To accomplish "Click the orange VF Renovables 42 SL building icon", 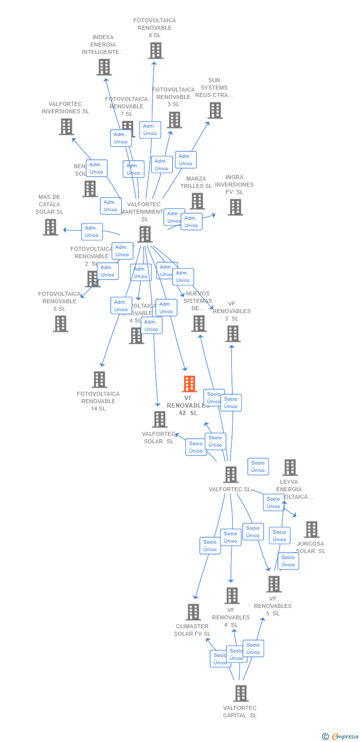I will click(189, 384).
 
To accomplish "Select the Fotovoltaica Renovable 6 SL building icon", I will click(155, 50).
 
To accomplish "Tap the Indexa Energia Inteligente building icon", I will click(104, 67).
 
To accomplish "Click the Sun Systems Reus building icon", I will click(215, 110).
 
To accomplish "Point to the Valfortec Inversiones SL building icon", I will click(66, 127).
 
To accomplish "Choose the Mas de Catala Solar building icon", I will click(50, 227).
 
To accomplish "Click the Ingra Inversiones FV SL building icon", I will click(235, 207).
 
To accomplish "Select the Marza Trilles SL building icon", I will click(197, 201).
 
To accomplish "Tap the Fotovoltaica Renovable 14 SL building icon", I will click(99, 379).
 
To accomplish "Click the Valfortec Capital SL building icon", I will click(241, 693).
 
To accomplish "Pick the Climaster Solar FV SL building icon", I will click(193, 612).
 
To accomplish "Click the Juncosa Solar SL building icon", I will click(312, 529).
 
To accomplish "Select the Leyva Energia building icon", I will click(290, 467).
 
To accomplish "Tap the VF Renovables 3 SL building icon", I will click(232, 334).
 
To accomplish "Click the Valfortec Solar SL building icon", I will click(160, 419).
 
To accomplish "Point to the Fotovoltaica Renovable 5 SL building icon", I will click(60, 324).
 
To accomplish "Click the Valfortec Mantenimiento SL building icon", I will click(144, 234).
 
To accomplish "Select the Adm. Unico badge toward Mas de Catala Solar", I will click(92, 232).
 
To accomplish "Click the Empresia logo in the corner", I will click(341, 737).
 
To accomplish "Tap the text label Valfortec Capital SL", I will click(240, 711).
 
